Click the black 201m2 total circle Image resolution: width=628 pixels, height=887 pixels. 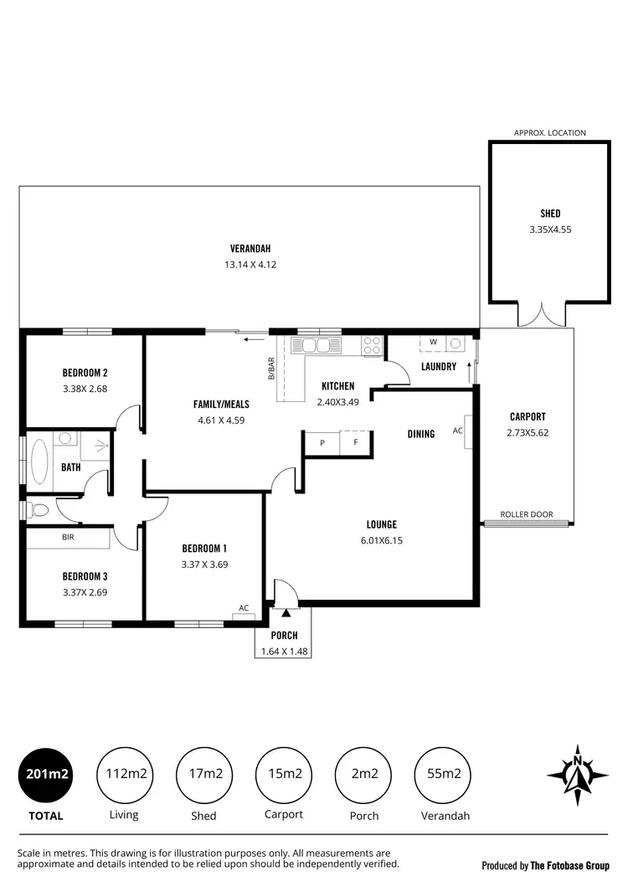pyautogui.click(x=46, y=774)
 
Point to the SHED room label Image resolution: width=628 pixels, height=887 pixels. pyautogui.click(x=550, y=214)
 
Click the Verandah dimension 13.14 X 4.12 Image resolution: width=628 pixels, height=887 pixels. pyautogui.click(x=250, y=265)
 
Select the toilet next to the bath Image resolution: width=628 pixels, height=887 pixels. pyautogui.click(x=39, y=508)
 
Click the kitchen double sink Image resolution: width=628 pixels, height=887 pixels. pyautogui.click(x=316, y=344)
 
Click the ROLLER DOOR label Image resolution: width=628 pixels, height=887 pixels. pyautogui.click(x=524, y=514)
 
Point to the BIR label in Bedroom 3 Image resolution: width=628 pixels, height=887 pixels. pyautogui.click(x=68, y=537)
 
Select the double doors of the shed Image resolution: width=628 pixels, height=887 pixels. pyautogui.click(x=536, y=316)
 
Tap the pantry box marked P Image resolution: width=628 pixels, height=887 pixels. pyautogui.click(x=322, y=442)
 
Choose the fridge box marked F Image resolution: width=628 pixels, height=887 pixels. pyautogui.click(x=355, y=442)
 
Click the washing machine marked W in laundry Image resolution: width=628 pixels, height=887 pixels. pyautogui.click(x=433, y=342)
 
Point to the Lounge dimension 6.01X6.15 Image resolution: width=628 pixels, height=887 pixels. pyautogui.click(x=381, y=541)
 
